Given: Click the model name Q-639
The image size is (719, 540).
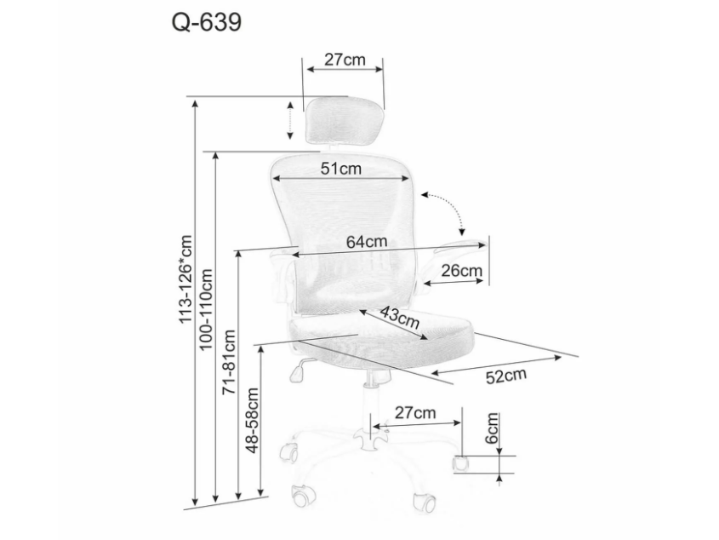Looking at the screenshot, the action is [207, 22].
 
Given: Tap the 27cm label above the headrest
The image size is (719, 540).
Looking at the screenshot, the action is [345, 60].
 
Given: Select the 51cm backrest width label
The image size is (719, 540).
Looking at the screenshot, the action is [340, 169].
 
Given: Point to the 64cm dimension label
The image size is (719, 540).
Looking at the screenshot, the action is [367, 242].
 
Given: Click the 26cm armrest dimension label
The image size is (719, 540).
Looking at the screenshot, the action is [462, 271].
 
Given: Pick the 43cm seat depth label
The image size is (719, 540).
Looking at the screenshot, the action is [400, 317].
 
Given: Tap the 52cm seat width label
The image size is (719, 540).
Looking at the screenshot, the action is [506, 376].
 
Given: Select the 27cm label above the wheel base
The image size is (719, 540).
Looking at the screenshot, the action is [415, 413].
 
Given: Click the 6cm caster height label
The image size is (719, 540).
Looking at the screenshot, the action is [492, 428].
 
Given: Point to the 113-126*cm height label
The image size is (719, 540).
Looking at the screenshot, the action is [185, 279].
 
